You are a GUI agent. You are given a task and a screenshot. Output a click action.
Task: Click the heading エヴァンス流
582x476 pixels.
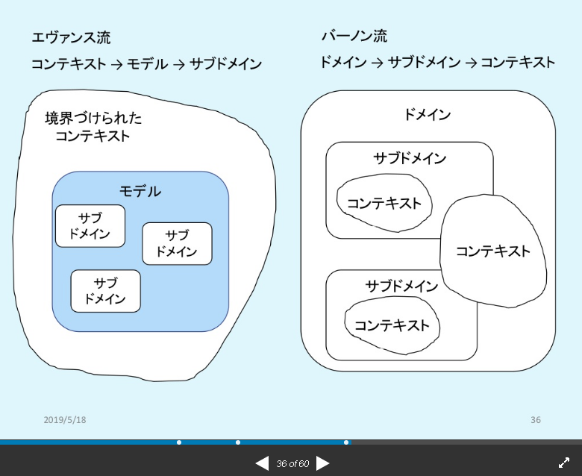71,37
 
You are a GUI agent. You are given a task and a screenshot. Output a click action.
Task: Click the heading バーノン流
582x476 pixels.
354,36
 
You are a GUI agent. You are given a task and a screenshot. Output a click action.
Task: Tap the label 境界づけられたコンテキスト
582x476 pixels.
93,127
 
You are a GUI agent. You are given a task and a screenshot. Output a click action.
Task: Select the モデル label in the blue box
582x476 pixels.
140,191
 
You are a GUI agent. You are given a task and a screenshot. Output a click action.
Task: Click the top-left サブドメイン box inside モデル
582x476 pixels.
90,225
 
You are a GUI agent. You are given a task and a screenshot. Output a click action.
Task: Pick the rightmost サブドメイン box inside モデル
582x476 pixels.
177,243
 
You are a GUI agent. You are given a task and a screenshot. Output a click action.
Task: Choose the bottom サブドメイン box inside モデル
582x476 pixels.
105,291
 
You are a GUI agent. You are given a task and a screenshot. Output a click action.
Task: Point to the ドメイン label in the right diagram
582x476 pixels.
428,114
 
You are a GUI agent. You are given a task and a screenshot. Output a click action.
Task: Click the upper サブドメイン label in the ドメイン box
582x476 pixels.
410,158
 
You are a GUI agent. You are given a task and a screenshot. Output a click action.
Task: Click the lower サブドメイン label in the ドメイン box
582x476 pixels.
401,286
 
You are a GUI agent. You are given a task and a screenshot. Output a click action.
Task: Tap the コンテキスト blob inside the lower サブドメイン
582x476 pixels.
392,325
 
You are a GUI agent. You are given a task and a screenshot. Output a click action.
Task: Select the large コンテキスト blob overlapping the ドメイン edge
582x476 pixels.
492,251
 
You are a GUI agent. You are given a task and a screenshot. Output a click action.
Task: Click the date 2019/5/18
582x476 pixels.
65,420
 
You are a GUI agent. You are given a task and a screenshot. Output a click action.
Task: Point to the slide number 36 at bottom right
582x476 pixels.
536,420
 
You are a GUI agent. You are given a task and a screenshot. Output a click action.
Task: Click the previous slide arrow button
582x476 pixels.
262,463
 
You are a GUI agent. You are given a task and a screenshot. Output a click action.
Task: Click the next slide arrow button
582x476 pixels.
323,463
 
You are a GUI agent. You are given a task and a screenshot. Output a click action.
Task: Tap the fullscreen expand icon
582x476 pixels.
564,463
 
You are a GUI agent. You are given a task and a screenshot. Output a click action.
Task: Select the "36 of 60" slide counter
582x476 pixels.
292,464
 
